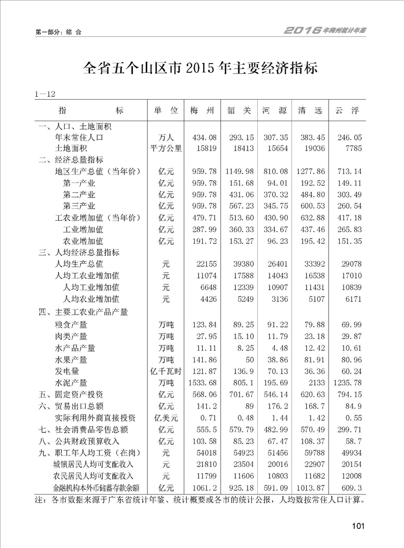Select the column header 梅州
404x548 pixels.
[202, 110]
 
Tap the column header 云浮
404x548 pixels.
[347, 110]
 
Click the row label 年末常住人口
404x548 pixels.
[79, 137]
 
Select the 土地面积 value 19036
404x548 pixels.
[312, 149]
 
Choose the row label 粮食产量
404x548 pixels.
[71, 325]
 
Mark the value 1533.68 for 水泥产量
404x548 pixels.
[202, 383]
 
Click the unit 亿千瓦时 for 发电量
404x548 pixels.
[166, 371]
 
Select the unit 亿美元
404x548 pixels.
[166, 418]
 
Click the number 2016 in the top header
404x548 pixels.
[302, 31]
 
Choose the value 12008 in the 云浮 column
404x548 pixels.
[351, 476]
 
